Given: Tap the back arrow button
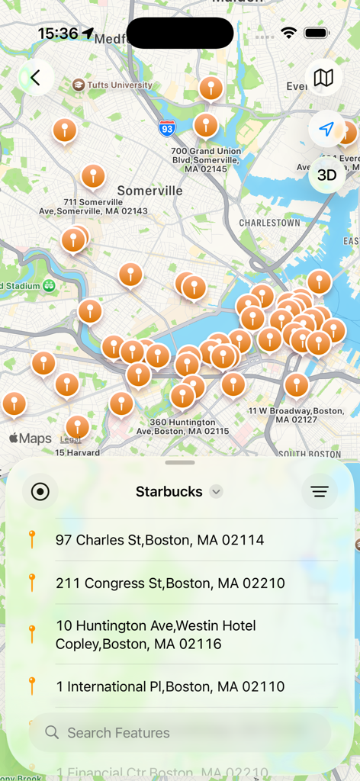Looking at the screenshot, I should click(x=35, y=77).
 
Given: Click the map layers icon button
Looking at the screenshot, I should click(x=323, y=77).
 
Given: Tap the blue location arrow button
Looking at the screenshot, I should click(x=326, y=129).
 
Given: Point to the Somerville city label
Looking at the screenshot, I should click(x=149, y=191).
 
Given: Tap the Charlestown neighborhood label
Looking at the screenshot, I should click(x=269, y=223).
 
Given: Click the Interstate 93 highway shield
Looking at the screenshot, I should click(x=168, y=128).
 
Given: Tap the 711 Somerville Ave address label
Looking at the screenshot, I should click(x=93, y=206).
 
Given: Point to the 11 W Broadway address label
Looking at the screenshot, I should click(x=296, y=415).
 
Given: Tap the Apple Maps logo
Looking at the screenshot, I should click(x=31, y=439).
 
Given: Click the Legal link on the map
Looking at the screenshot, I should click(x=70, y=439).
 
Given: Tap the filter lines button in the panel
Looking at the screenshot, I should click(x=320, y=492).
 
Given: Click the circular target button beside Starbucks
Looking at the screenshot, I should click(x=40, y=492).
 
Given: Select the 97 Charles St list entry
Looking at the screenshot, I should click(x=159, y=540).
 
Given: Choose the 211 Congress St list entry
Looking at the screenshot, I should click(x=170, y=583).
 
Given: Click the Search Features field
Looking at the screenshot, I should click(x=180, y=733).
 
